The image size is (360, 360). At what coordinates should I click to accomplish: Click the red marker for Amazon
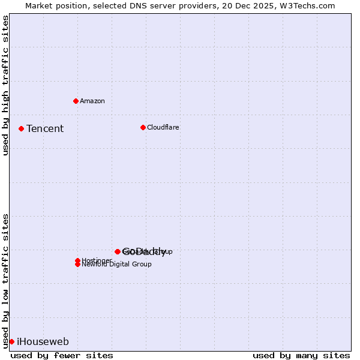[x=76, y=101]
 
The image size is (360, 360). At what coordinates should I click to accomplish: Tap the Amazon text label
[x=92, y=101]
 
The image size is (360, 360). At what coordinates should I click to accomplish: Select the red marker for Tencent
[x=21, y=128]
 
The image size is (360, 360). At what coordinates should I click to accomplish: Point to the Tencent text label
[x=45, y=128]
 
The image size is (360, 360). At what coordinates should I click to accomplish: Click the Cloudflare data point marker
[x=143, y=127]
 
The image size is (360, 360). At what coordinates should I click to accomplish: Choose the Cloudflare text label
[x=163, y=127]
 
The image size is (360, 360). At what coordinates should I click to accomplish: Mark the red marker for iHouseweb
[x=11, y=341]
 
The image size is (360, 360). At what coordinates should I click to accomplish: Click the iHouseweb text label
[x=43, y=342]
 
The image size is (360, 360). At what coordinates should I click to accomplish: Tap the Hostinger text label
[x=97, y=260]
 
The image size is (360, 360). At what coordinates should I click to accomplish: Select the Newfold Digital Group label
[x=116, y=265]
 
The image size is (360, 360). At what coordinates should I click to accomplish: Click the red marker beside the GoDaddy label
[x=118, y=251]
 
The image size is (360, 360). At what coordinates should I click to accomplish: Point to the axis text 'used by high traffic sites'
[x=6, y=85]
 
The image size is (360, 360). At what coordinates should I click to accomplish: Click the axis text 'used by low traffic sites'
[x=6, y=280]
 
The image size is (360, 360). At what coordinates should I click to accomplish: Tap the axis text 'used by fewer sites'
[x=62, y=355]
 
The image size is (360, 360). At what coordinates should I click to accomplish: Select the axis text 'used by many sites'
[x=301, y=355]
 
